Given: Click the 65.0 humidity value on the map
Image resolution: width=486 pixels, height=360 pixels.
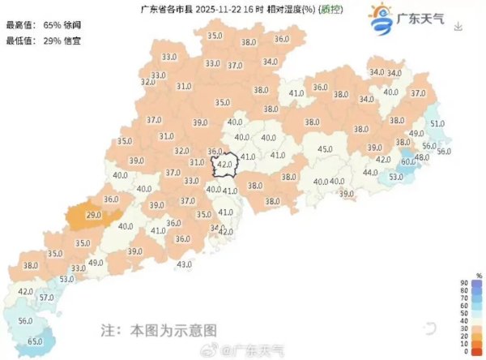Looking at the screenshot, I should (35, 342).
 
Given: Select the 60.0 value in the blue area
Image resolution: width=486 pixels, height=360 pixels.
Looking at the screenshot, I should (408, 162).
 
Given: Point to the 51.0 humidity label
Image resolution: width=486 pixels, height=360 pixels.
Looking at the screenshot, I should (437, 123).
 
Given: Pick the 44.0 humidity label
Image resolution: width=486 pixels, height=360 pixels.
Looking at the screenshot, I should (370, 173).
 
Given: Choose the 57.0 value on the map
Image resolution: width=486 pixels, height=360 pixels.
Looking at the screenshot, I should (46, 298).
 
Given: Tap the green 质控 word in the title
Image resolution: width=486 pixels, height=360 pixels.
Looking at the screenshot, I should (330, 10).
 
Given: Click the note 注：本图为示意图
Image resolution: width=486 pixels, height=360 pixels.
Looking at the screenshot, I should (159, 331).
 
